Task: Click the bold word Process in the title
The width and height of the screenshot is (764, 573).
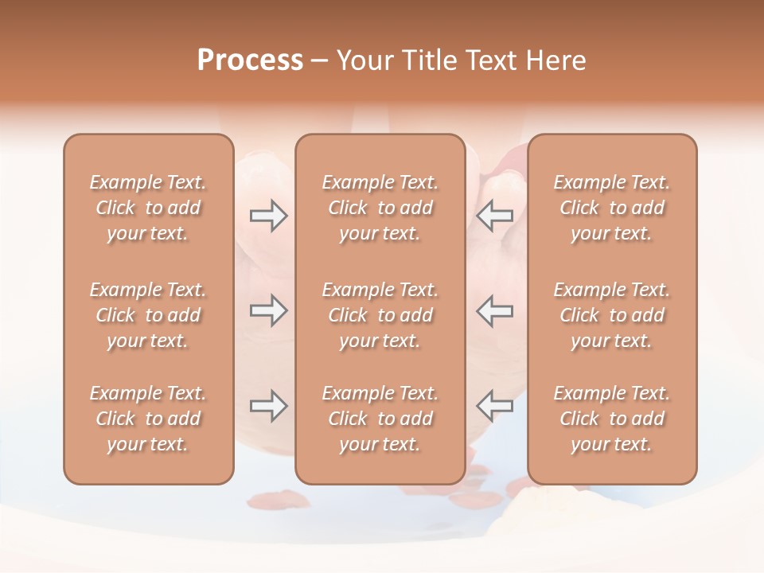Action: click(x=250, y=60)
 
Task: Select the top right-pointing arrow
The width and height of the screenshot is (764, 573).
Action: click(x=268, y=216)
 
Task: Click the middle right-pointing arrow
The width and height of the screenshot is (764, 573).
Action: click(x=268, y=310)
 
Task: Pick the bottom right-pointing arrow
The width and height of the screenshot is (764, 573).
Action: click(x=268, y=406)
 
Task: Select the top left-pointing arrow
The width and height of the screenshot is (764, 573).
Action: click(x=494, y=216)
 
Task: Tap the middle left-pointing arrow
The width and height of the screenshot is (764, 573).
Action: click(x=494, y=310)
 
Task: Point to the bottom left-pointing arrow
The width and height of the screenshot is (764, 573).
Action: click(x=494, y=406)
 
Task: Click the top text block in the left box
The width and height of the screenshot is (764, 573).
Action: click(x=148, y=208)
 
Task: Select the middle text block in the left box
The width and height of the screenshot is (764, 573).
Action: click(x=148, y=315)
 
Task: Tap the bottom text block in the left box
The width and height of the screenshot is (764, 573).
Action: click(x=148, y=419)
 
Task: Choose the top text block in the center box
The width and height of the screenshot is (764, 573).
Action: click(x=380, y=208)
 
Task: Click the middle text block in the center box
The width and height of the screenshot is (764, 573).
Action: click(x=380, y=315)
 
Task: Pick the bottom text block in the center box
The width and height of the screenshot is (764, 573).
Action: click(x=380, y=419)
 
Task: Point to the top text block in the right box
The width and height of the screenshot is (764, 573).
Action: click(x=612, y=208)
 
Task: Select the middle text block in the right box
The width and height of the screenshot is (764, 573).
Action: click(x=612, y=315)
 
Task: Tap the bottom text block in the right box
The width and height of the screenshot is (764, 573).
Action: click(x=612, y=419)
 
